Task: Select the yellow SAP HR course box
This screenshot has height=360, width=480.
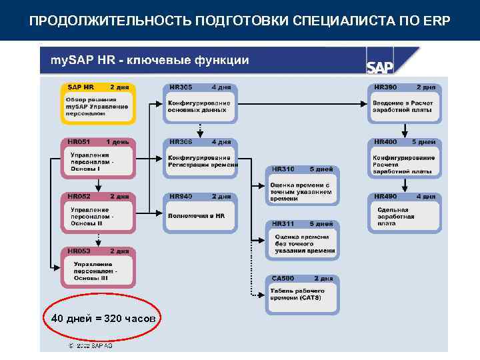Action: (99, 103)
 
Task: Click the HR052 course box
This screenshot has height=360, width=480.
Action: (99, 213)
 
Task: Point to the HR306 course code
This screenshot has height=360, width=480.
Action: (181, 142)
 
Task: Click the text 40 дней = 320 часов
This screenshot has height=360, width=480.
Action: (103, 319)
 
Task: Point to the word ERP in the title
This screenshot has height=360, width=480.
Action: (436, 20)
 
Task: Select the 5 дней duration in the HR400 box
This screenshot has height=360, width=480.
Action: (423, 142)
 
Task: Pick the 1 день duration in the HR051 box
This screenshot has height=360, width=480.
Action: (117, 142)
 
